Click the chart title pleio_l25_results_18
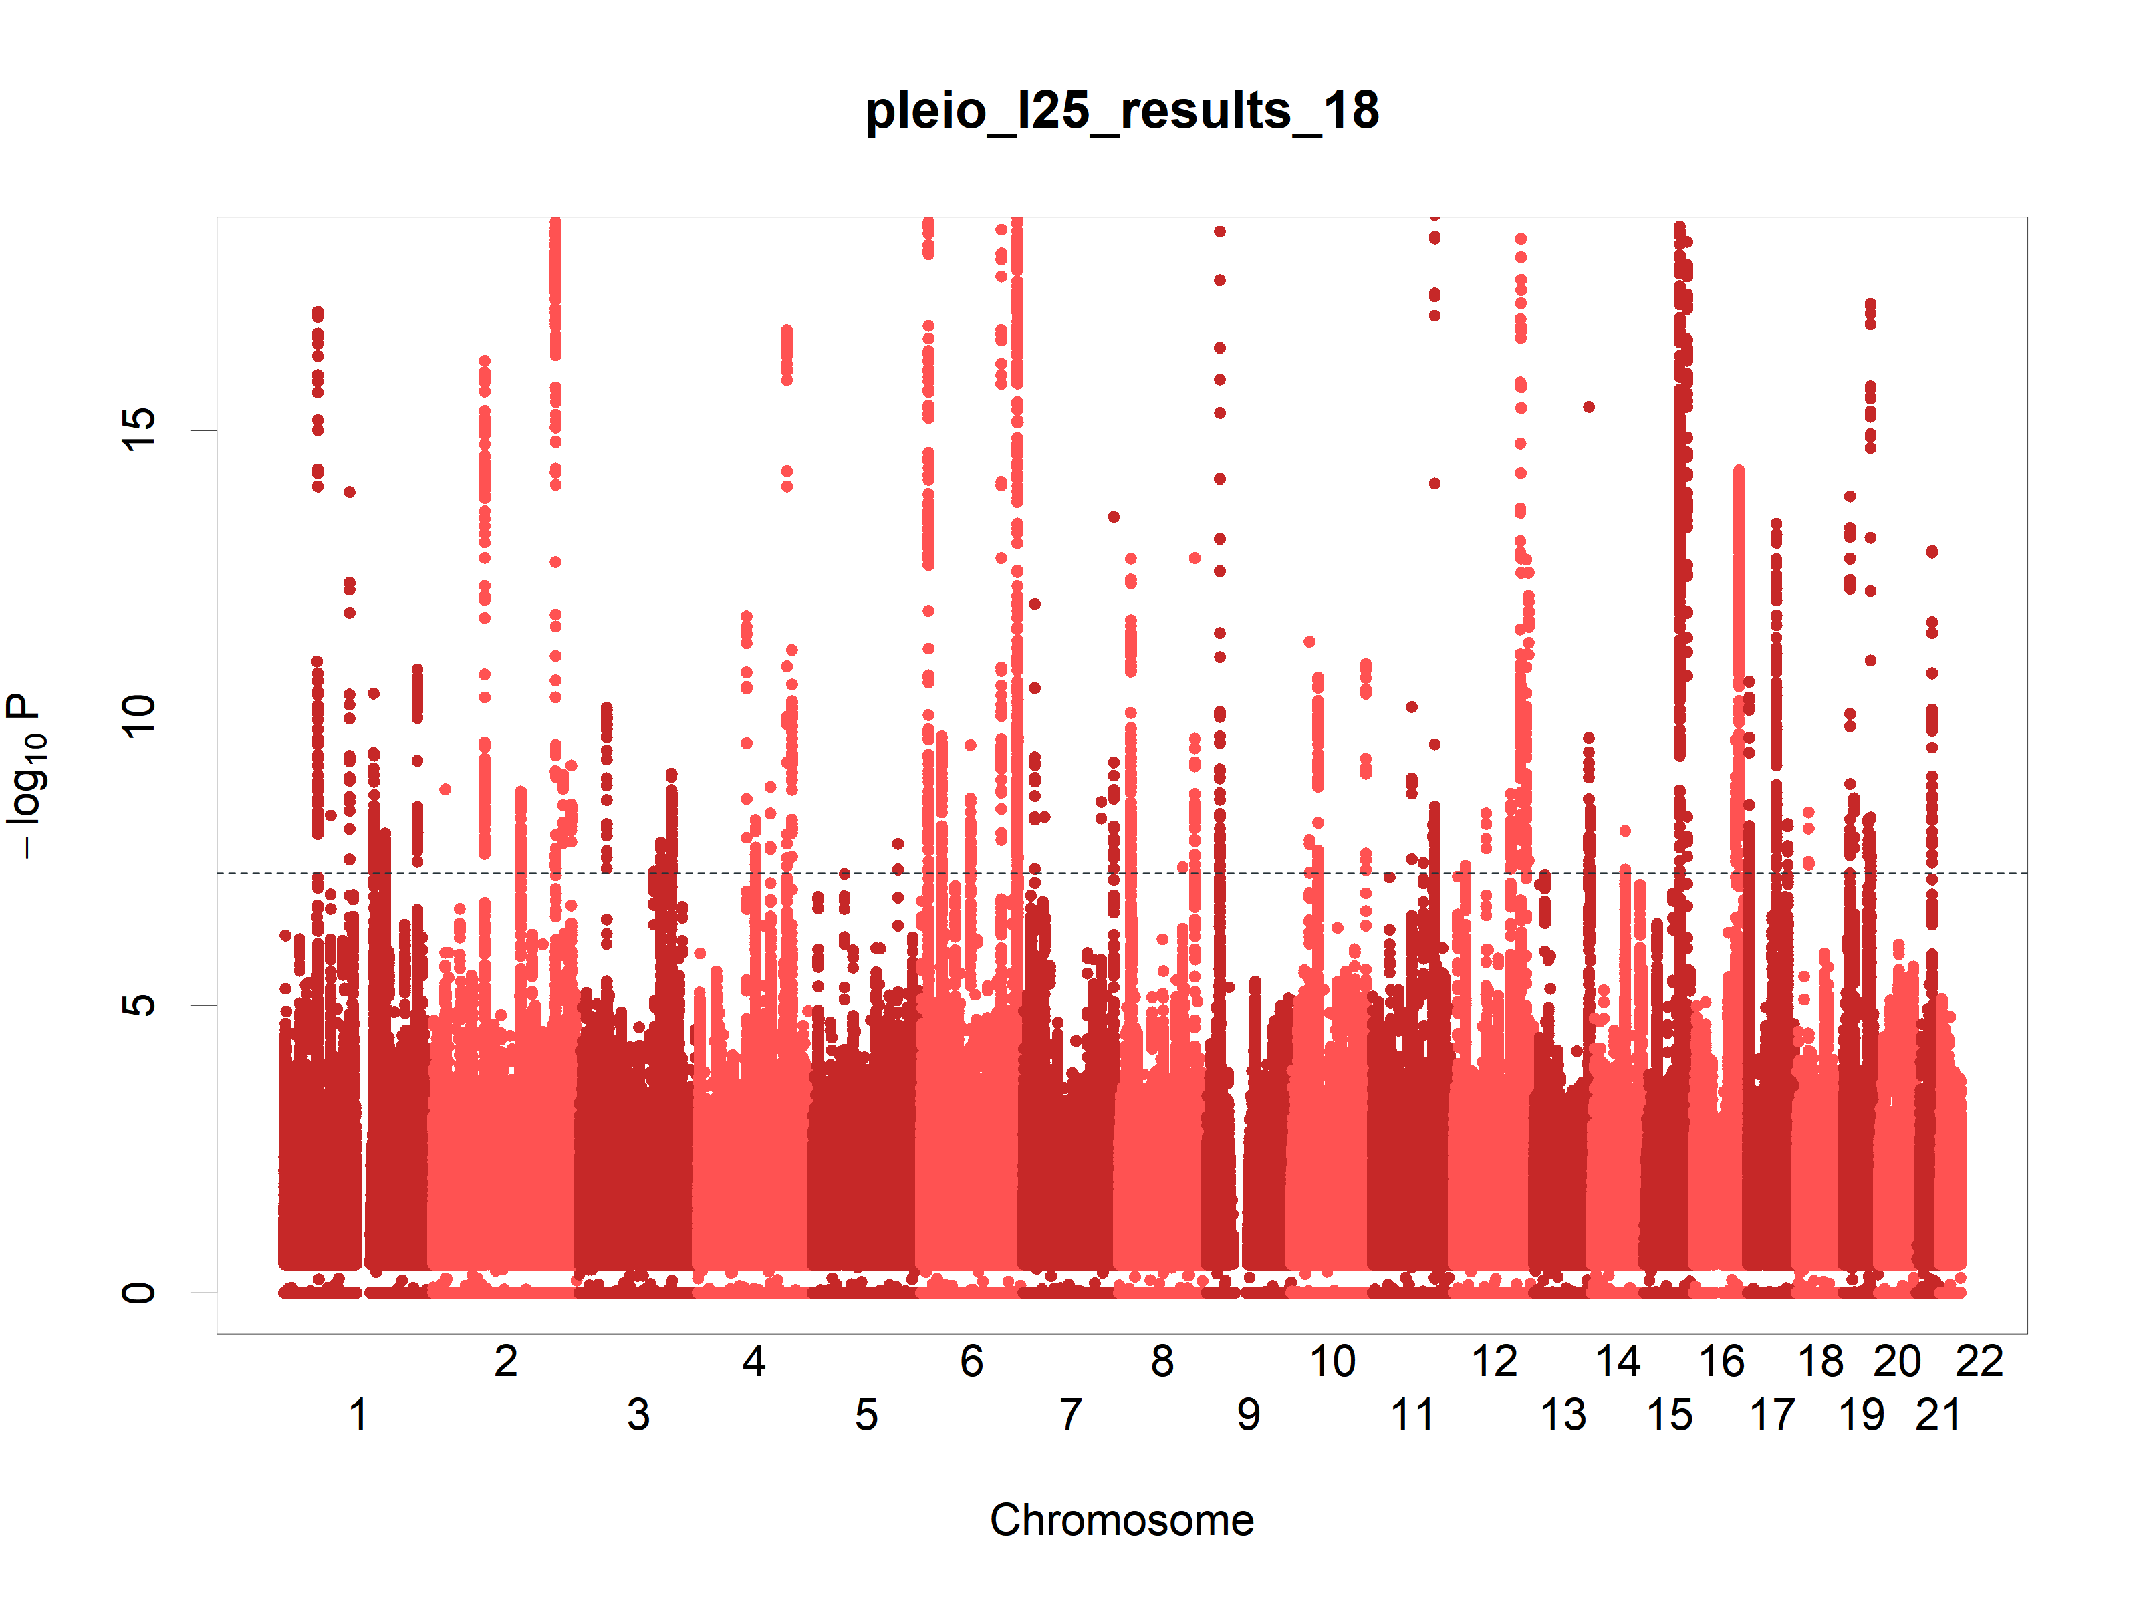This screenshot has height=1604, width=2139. (1122, 110)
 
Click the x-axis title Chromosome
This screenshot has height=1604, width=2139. (1122, 1520)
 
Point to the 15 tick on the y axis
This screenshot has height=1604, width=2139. (138, 430)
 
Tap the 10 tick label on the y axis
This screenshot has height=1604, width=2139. (138, 717)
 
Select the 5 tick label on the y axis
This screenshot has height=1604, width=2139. (138, 1005)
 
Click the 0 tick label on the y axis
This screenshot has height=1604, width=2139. (138, 1292)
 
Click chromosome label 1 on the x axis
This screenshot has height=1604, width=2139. (358, 1414)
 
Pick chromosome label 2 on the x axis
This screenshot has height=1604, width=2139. (506, 1361)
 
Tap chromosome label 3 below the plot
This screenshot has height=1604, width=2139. (638, 1414)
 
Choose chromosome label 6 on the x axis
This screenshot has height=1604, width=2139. (972, 1361)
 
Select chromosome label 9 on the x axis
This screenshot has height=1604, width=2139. (1249, 1414)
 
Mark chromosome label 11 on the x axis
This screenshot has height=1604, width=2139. (1412, 1414)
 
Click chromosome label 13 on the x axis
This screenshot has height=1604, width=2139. (1563, 1414)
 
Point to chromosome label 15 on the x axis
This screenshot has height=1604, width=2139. (1670, 1414)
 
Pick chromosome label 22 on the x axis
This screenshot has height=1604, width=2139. (1979, 1361)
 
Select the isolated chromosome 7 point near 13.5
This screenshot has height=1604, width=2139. (1114, 517)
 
